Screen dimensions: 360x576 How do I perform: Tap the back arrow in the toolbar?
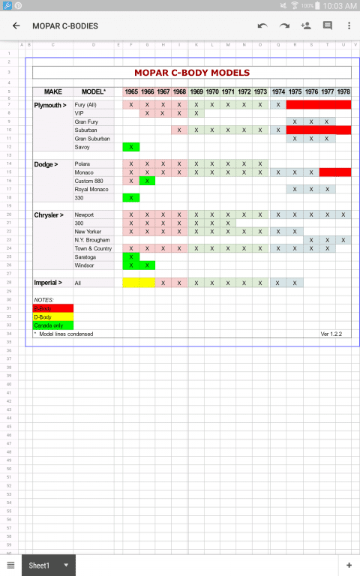point(16,25)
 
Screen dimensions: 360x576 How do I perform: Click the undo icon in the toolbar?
point(262,25)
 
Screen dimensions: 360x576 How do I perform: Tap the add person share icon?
point(305,25)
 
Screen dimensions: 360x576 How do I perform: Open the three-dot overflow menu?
point(349,25)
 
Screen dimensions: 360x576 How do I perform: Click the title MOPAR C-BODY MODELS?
point(191,73)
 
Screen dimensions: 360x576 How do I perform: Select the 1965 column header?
point(131,91)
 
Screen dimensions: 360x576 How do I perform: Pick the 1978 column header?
point(343,91)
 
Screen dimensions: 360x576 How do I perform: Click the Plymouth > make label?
point(50,105)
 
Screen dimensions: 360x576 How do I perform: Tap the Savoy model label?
point(82,147)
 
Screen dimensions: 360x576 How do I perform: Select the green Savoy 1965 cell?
point(131,147)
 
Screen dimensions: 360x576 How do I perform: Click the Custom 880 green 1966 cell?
point(147,181)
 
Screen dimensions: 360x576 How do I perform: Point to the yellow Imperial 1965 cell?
point(139,283)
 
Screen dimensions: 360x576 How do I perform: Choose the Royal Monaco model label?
point(91,189)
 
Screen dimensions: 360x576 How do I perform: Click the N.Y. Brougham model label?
point(92,240)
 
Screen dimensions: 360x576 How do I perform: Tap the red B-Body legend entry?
point(52,308)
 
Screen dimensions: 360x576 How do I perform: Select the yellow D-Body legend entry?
point(52,316)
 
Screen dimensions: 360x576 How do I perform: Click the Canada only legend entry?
point(52,325)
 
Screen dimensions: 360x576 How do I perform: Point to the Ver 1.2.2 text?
point(331,334)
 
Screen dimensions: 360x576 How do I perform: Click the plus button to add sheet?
point(349,565)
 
